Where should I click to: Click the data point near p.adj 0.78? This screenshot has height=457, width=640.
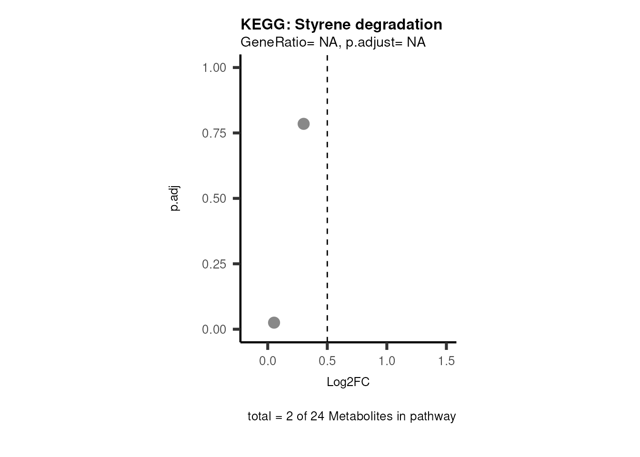(303, 124)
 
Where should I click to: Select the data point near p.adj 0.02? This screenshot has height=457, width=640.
(274, 323)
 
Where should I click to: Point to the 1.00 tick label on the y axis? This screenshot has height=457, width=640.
(214, 68)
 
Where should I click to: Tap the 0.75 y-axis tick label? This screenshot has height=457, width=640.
(214, 133)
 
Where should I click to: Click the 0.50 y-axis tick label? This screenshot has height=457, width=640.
(214, 199)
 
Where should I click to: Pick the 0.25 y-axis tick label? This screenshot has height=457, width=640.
(214, 264)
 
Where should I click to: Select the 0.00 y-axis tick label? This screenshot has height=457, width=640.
(214, 329)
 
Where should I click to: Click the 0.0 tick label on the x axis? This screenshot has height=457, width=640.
(268, 361)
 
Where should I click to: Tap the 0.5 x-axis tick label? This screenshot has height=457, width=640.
(327, 361)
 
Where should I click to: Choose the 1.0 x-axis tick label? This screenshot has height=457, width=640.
(387, 361)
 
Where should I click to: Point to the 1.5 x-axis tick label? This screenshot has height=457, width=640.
(446, 361)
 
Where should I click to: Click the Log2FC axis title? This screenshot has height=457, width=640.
(348, 382)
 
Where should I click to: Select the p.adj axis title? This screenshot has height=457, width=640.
(175, 199)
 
